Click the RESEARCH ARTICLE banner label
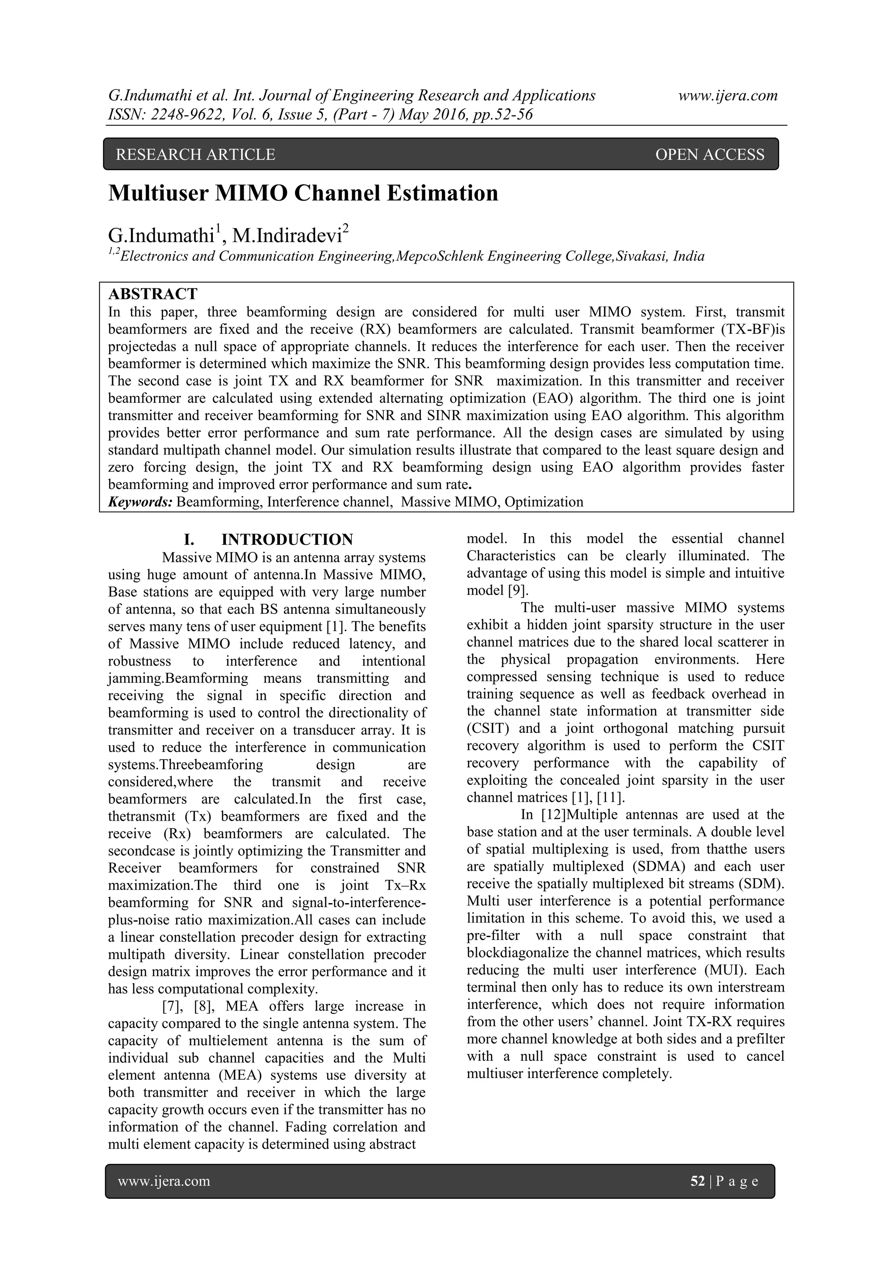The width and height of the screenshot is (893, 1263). pyautogui.click(x=195, y=154)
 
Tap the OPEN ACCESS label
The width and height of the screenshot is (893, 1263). pyautogui.click(x=709, y=154)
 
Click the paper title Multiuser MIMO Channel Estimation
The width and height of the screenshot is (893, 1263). pyautogui.click(x=303, y=194)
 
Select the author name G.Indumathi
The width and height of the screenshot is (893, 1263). pyautogui.click(x=160, y=236)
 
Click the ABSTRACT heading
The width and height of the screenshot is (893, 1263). pyautogui.click(x=153, y=294)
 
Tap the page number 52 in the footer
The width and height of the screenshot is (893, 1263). pyautogui.click(x=697, y=1181)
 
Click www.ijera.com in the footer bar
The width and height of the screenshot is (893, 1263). pyautogui.click(x=164, y=1181)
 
